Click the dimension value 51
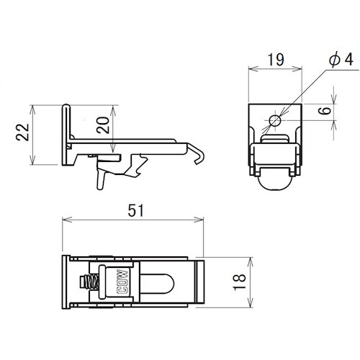(135, 210)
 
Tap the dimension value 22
(22, 132)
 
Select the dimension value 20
(103, 125)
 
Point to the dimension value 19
(276, 60)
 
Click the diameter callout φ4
(341, 59)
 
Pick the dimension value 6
(325, 111)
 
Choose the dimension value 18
(240, 282)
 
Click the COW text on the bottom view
(122, 282)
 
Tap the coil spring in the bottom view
(89, 282)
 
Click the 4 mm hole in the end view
(275, 121)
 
